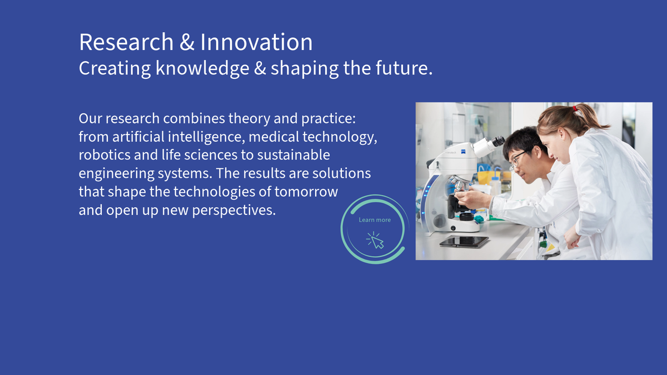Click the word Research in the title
click(126, 42)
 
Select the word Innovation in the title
click(256, 42)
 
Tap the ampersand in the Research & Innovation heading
click(187, 42)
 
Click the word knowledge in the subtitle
click(202, 68)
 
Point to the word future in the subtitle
click(402, 68)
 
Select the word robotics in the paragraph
click(104, 155)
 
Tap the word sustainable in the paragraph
click(293, 155)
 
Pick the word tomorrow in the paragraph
click(306, 192)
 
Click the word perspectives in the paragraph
click(234, 211)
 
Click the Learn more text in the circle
click(375, 220)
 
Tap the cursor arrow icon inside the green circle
click(376, 241)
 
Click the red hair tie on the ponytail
click(575, 109)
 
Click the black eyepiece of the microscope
click(498, 141)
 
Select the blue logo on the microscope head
click(464, 152)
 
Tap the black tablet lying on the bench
click(464, 241)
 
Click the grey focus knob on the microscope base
click(440, 221)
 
